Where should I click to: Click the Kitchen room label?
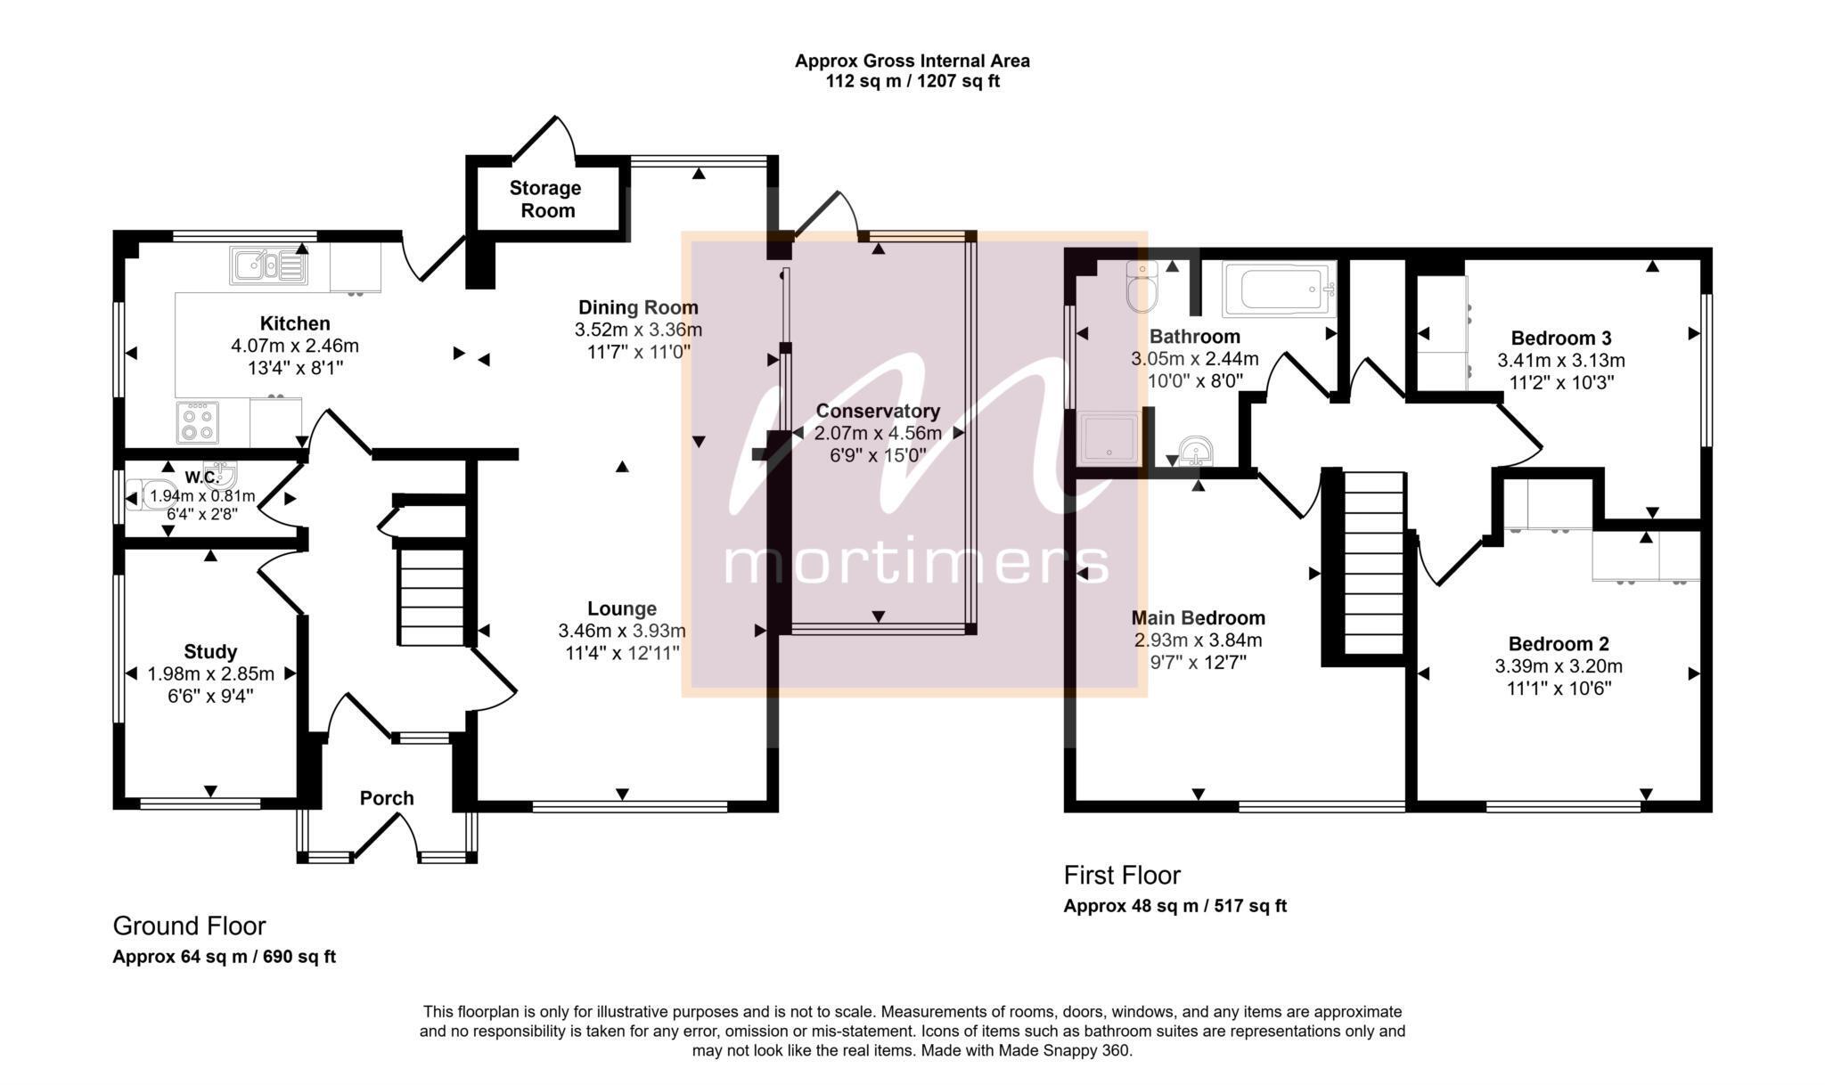[295, 323]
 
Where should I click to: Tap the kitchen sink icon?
[268, 265]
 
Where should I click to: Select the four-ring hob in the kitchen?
[198, 422]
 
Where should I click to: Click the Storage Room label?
[545, 200]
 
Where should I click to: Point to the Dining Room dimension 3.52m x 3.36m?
[638, 330]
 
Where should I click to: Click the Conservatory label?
[878, 412]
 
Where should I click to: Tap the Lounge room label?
[622, 609]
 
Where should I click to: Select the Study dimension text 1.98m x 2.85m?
[211, 673]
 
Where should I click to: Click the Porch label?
[387, 798]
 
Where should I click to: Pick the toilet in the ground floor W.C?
[142, 494]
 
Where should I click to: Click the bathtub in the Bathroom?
[1279, 290]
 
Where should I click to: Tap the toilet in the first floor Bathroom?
[1141, 287]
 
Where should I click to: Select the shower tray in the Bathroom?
[1109, 437]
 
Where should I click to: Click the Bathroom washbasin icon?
[1194, 452]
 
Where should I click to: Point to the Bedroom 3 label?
[1561, 339]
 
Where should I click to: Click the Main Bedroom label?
[1198, 618]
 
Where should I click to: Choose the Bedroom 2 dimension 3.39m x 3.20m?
[1559, 666]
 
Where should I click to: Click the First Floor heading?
[1122, 876]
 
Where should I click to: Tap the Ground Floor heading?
[189, 926]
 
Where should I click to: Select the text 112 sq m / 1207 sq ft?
[912, 82]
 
